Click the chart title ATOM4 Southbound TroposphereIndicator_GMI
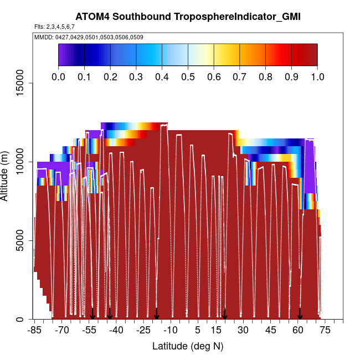(188, 17)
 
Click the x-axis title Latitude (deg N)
(188, 346)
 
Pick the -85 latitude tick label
(35, 330)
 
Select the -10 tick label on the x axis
(171, 330)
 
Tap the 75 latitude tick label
(325, 330)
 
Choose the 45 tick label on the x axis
(270, 330)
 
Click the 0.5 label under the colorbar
(188, 76)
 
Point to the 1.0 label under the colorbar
(317, 76)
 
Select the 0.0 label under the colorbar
(58, 76)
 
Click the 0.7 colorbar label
(239, 76)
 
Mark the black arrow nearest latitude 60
(300, 314)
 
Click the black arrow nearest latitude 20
(225, 314)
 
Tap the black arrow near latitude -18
(157, 314)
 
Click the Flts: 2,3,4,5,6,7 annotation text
(54, 27)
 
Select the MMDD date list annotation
(89, 37)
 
